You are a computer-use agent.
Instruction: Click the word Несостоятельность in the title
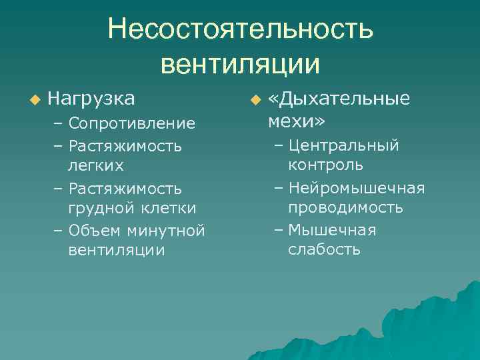[x=241, y=30]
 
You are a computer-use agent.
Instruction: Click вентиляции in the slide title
[x=241, y=64]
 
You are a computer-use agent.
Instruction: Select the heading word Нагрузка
[x=91, y=99]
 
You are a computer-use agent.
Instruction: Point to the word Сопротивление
[x=132, y=123]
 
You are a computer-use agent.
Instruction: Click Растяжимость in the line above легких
[x=125, y=145]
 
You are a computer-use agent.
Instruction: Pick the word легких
[x=97, y=164]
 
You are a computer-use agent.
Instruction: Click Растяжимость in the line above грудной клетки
[x=125, y=189]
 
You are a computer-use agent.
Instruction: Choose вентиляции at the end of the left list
[x=116, y=251]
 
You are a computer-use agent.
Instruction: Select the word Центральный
[x=344, y=145]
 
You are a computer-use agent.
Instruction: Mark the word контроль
[x=326, y=165]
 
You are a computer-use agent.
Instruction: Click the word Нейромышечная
[x=357, y=189]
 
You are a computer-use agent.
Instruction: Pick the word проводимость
[x=345, y=208]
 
